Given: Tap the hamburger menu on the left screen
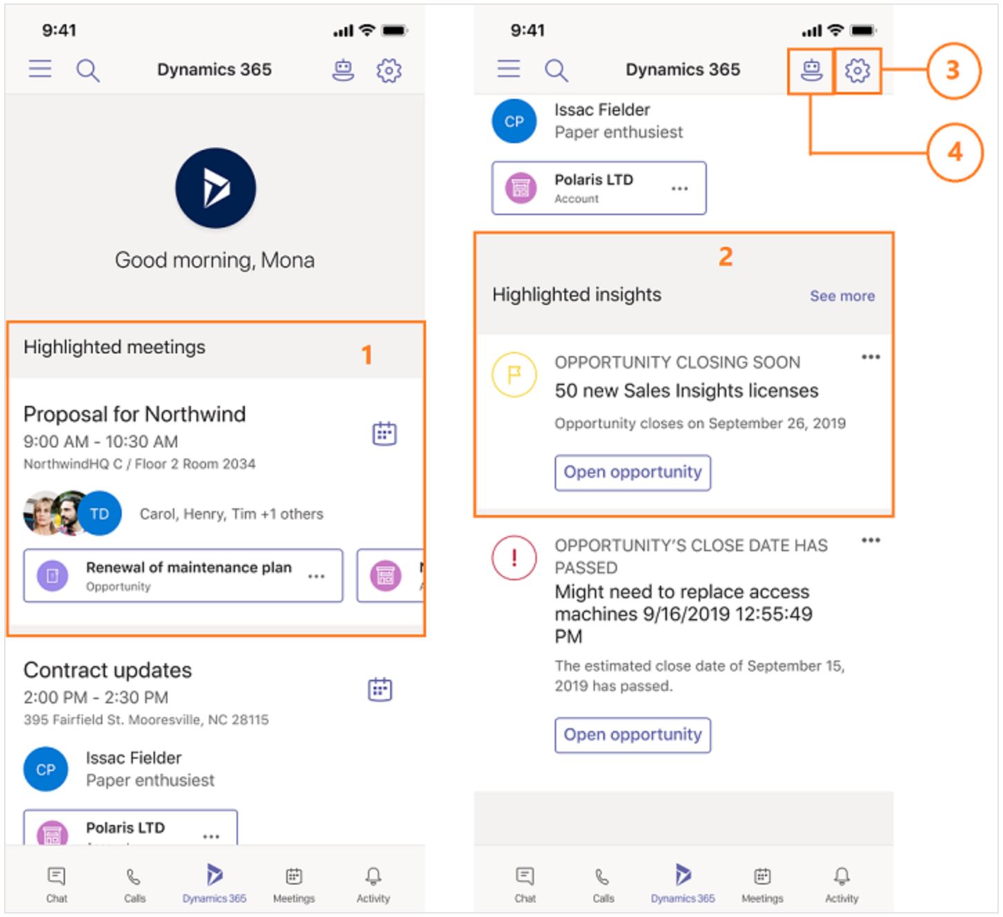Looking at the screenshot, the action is (x=40, y=69).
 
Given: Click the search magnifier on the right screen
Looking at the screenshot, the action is (x=556, y=70).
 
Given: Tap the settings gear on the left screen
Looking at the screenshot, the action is (x=389, y=70).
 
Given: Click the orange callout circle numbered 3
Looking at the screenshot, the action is (x=953, y=71).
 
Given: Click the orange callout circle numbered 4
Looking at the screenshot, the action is (x=955, y=152).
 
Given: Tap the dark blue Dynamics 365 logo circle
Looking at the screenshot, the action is (x=216, y=188).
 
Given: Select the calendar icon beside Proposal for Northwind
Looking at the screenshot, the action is (x=385, y=433).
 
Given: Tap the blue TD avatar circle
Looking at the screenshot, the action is (x=100, y=514).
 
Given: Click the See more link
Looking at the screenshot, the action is (x=842, y=296).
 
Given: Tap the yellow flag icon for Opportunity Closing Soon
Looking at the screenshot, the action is (x=514, y=374).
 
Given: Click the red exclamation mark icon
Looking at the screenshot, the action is (x=514, y=557).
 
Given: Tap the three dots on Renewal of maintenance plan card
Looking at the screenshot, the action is (x=316, y=577).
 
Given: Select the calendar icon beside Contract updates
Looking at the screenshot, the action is (x=380, y=689).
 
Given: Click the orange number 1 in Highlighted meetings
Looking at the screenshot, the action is (x=367, y=355).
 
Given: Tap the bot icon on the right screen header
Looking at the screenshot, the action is (x=811, y=70).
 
